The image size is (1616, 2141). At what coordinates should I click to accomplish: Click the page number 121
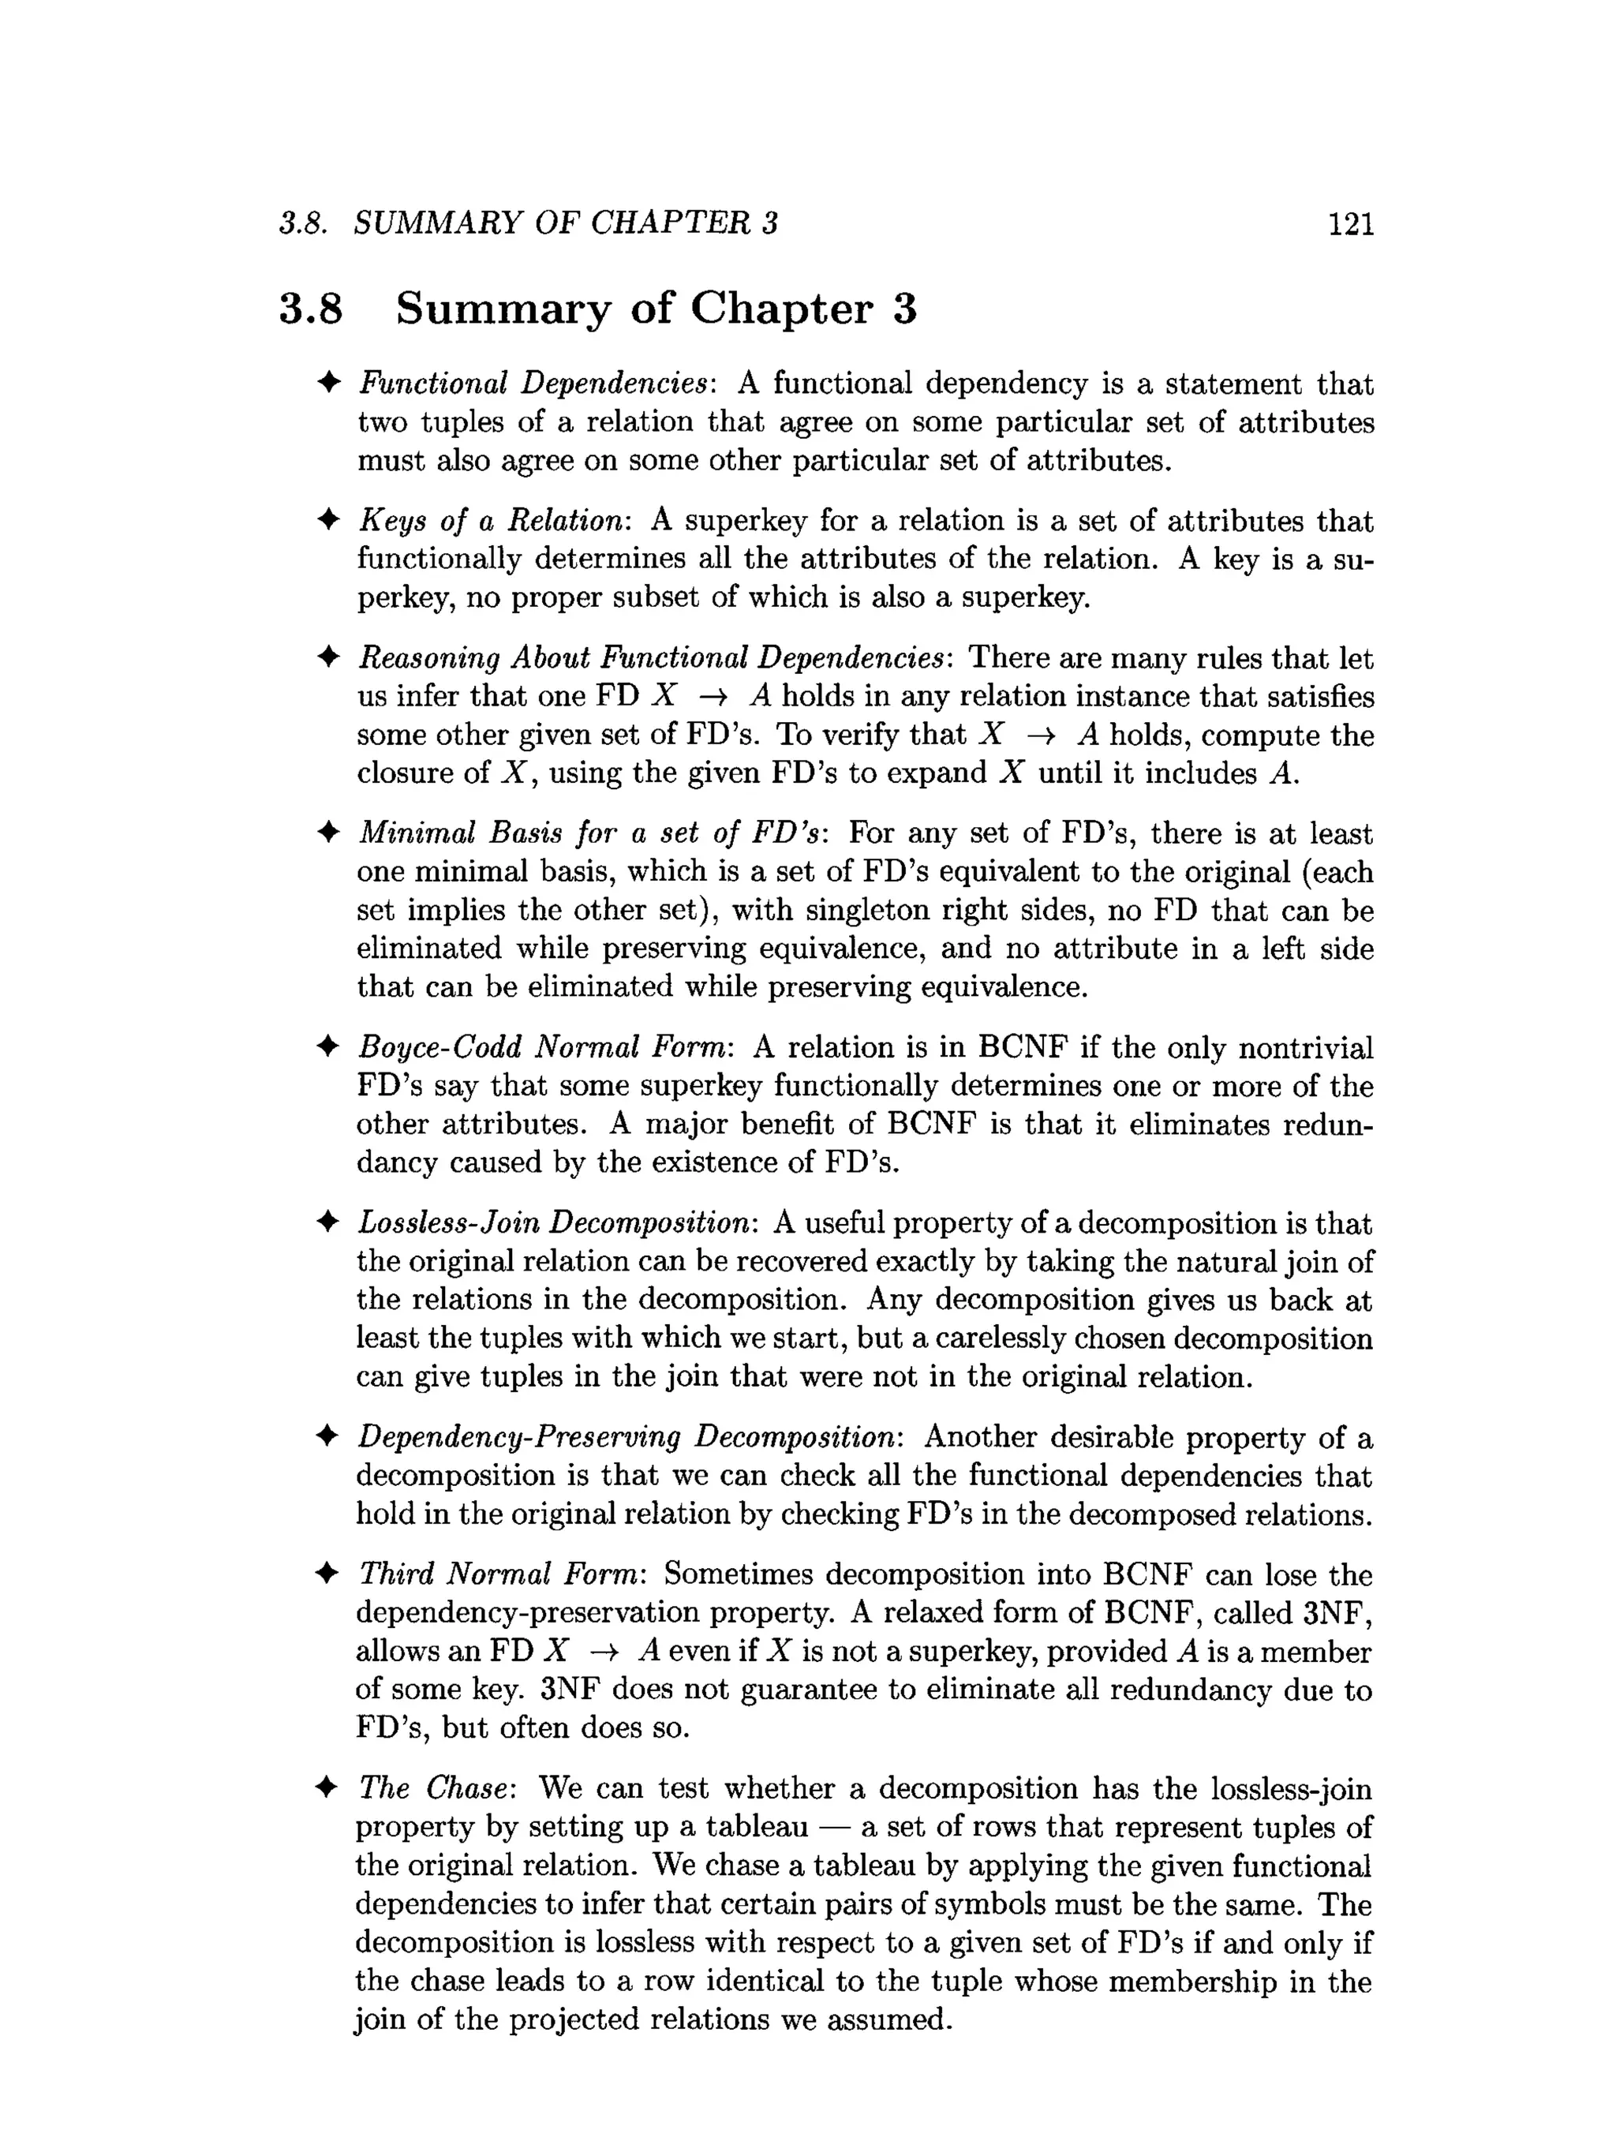pos(1351,225)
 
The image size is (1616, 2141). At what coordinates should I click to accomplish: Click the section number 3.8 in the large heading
pos(311,309)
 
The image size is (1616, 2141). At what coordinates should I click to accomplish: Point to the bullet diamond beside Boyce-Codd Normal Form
pos(328,1047)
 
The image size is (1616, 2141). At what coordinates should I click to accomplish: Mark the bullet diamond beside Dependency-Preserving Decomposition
pos(328,1437)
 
